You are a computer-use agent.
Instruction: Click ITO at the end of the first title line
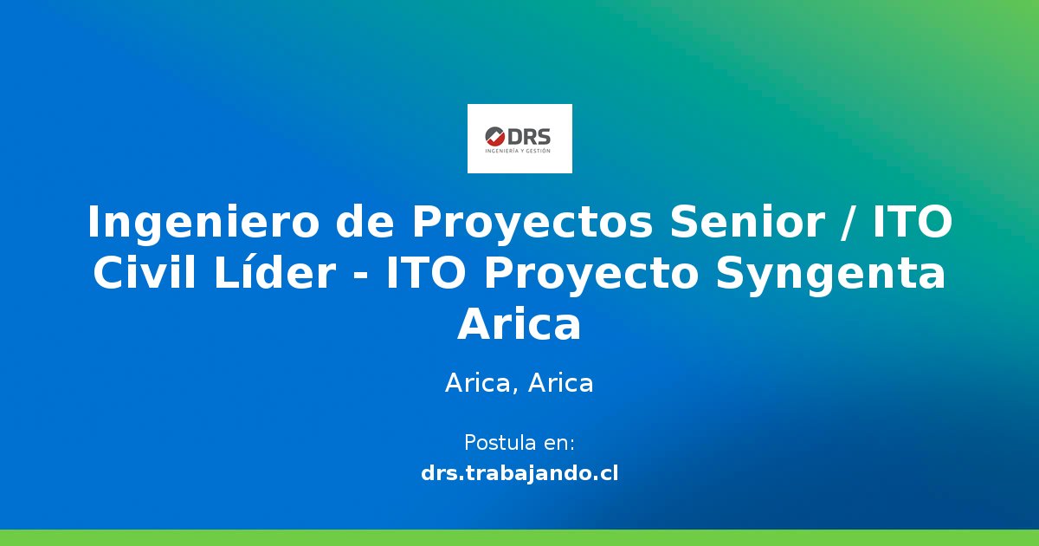click(912, 224)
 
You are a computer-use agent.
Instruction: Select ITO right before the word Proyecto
click(428, 275)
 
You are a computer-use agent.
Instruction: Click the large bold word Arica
click(519, 326)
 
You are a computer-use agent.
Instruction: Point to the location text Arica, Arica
click(519, 383)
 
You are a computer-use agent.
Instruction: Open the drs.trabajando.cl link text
click(519, 473)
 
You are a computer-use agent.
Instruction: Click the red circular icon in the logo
click(495, 136)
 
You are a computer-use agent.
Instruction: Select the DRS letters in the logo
click(529, 136)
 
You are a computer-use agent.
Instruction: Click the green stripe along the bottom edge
click(519, 537)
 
